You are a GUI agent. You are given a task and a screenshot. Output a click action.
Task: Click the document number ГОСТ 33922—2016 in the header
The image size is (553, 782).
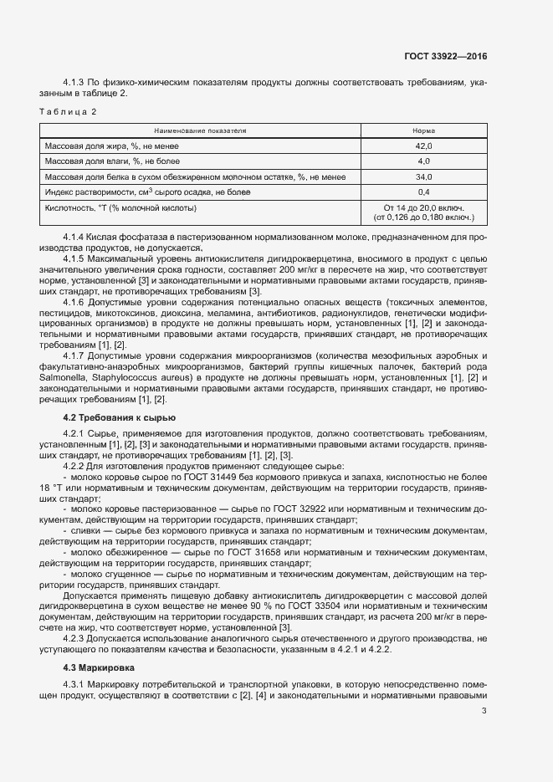pos(445,57)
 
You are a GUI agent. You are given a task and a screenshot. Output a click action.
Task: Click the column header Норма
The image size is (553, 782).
pos(423,131)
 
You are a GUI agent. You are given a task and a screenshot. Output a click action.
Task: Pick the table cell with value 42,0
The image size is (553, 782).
pos(423,146)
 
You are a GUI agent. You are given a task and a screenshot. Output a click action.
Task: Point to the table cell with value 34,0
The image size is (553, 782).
pos(423,176)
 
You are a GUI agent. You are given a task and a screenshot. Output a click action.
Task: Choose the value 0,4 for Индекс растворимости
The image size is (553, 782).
pos(423,192)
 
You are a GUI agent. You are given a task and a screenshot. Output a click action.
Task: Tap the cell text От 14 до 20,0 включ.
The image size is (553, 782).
pos(423,207)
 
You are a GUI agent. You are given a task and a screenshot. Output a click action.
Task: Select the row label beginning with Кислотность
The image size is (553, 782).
pos(121,207)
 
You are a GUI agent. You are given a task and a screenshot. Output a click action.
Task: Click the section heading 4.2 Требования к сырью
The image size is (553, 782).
pos(120,417)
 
